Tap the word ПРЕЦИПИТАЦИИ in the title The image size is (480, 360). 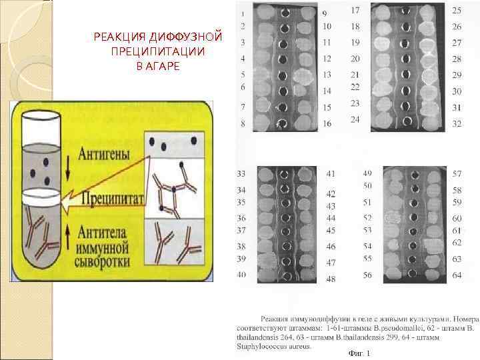click(x=159, y=51)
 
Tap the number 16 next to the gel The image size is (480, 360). click(x=327, y=123)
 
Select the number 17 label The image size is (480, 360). click(x=355, y=11)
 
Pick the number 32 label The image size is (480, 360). click(x=457, y=123)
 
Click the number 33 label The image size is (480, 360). click(x=241, y=174)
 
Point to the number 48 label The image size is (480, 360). click(x=331, y=279)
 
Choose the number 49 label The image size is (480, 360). click(x=367, y=173)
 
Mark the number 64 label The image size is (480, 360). click(x=457, y=275)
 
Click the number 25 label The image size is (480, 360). click(x=457, y=11)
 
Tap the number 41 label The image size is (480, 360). click(x=331, y=174)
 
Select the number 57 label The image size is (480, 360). click(x=457, y=174)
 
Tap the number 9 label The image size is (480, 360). click(x=325, y=13)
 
